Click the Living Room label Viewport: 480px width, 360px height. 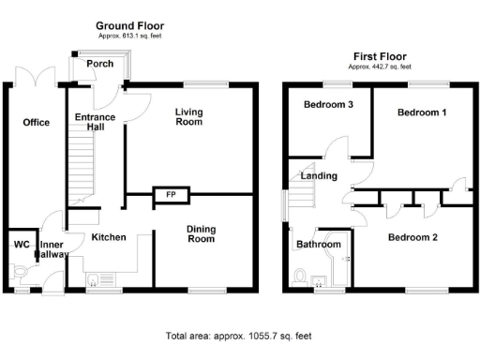[188, 115]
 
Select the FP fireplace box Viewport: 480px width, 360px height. [171, 195]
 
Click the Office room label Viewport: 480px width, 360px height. [37, 123]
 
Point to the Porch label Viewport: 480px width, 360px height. [99, 64]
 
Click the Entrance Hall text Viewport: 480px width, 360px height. [95, 122]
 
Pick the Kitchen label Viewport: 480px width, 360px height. [109, 237]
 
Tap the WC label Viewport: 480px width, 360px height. [21, 246]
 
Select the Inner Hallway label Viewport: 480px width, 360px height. [49, 249]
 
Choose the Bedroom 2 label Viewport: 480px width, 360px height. [413, 237]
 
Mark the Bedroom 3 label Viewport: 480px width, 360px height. [328, 105]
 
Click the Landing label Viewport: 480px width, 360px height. [319, 175]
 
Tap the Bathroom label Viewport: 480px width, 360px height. [318, 245]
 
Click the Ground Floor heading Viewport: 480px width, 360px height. [129, 25]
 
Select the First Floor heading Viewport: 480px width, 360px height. [378, 56]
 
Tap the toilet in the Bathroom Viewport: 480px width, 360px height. [299, 276]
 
